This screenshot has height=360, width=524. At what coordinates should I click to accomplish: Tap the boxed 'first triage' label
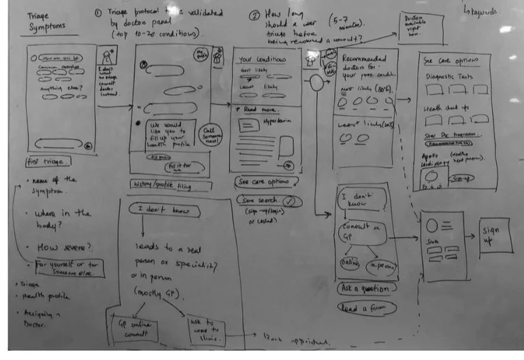(45, 161)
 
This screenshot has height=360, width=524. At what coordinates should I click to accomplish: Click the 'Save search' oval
(264, 201)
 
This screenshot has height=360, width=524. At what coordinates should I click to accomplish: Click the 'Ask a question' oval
(365, 287)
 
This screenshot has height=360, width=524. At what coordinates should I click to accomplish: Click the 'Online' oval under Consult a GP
(349, 262)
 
